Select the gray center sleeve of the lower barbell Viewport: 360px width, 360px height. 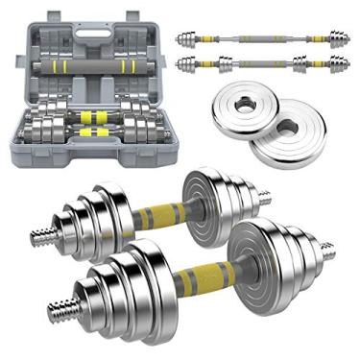pyautogui.click(x=255, y=64)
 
